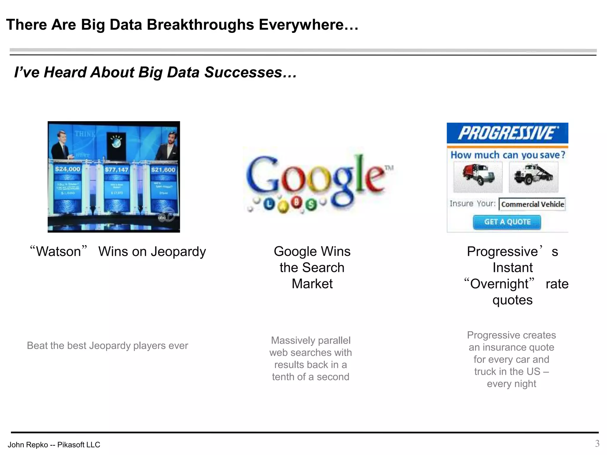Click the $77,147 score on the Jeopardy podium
(116, 170)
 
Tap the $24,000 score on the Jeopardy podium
(68, 169)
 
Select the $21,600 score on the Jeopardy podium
(163, 170)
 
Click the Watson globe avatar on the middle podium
(116, 142)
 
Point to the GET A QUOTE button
(507, 222)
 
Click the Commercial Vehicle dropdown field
(532, 204)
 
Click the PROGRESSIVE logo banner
(507, 133)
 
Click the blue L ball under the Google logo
(269, 204)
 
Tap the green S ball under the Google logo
(311, 204)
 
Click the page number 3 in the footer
(597, 443)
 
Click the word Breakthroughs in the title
(200, 25)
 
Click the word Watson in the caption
(59, 252)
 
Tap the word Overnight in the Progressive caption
(499, 284)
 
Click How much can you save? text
(508, 155)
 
